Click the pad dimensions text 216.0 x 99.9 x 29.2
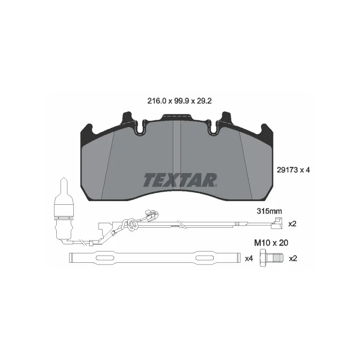tap(179, 101)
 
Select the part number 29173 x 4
tap(293, 170)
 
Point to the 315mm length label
tap(269, 211)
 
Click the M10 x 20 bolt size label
tap(271, 243)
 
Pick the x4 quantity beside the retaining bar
tap(249, 258)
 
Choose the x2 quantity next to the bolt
tap(293, 258)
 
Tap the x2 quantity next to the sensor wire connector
tap(292, 223)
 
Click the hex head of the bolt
tap(263, 258)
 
